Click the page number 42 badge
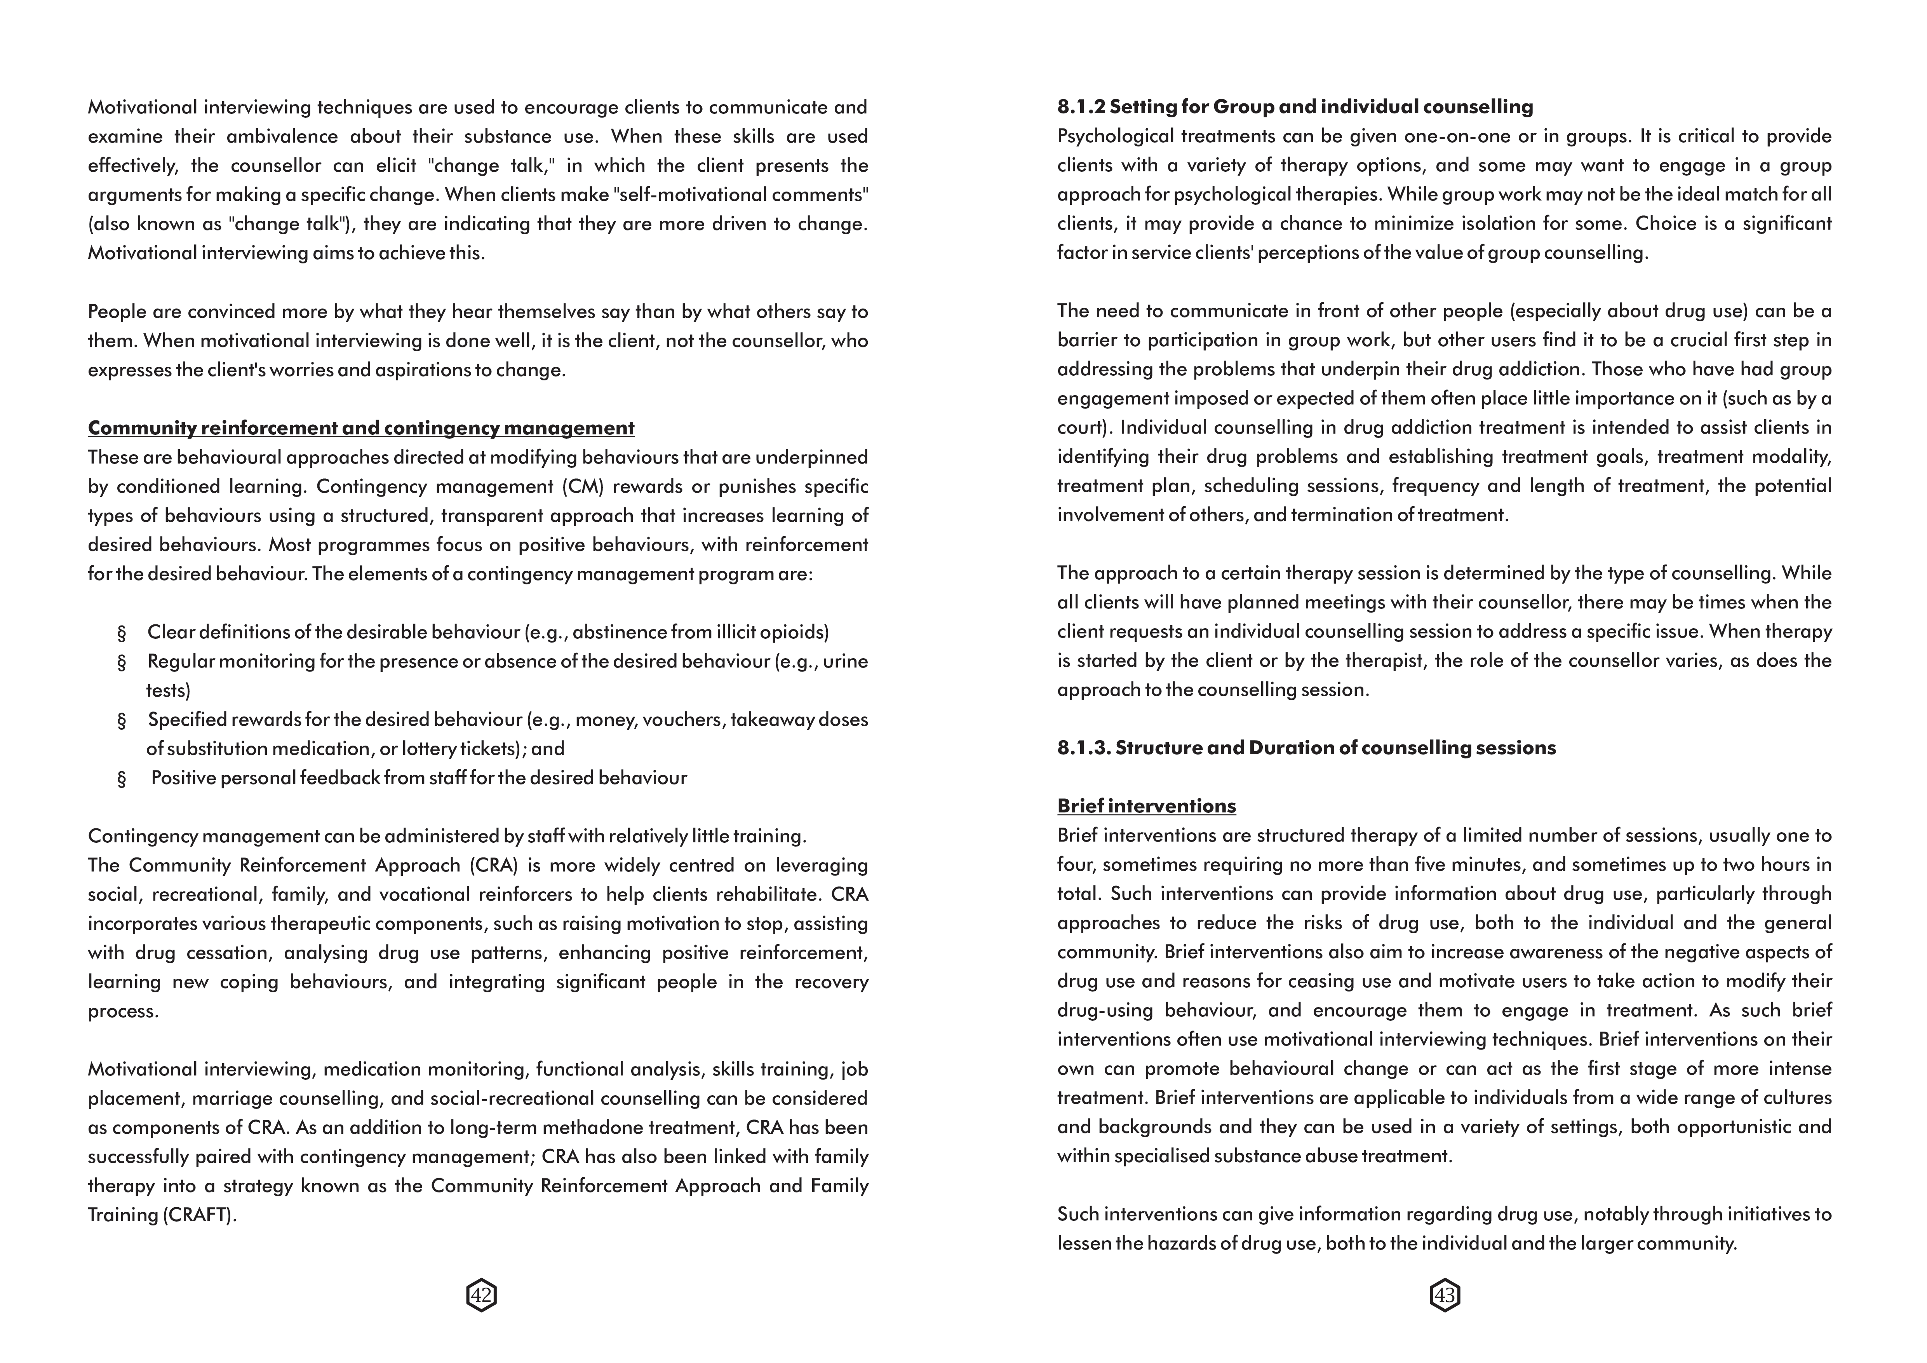(x=481, y=1296)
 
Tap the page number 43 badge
(x=1445, y=1296)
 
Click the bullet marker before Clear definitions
(x=122, y=633)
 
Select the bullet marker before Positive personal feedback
(x=122, y=779)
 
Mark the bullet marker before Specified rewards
(x=122, y=720)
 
